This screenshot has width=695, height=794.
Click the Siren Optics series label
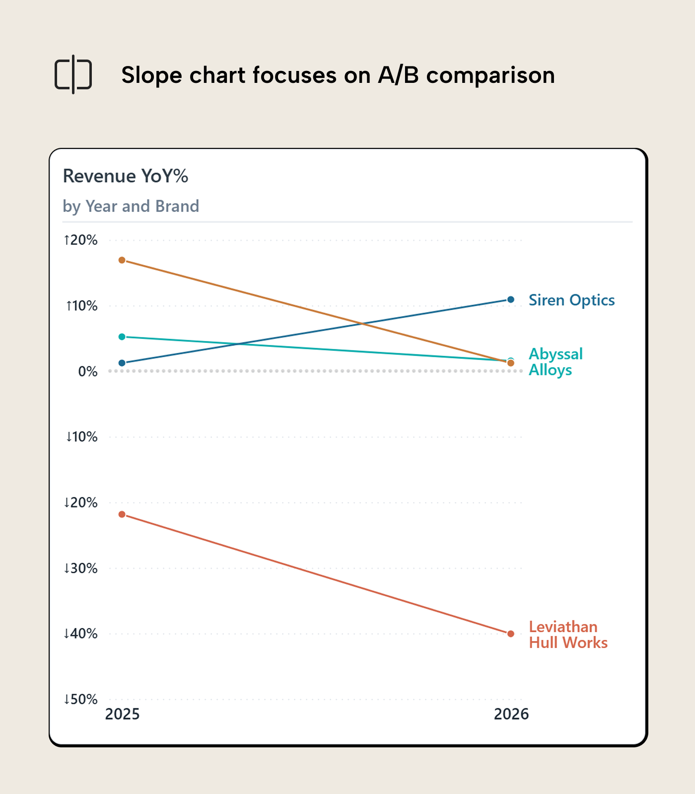571,300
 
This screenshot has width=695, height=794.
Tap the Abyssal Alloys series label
555,362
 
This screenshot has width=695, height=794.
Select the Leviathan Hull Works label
567,635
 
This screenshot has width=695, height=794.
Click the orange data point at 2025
122,260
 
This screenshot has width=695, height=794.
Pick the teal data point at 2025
122,337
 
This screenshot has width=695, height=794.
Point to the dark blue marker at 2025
122,363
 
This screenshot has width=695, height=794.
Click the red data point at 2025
122,515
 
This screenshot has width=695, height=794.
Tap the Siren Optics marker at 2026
511,300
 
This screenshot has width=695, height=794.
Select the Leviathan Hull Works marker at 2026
511,634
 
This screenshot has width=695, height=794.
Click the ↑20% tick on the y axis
80,240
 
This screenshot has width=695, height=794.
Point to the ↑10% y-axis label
81,306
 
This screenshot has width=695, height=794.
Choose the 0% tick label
87,372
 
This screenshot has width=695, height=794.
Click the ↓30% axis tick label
80,568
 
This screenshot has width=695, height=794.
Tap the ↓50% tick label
80,700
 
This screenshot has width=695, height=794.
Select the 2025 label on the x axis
122,714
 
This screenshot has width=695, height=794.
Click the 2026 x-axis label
511,714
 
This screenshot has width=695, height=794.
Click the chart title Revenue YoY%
126,176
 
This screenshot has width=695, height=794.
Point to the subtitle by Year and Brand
131,206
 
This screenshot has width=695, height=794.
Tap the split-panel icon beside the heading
73,74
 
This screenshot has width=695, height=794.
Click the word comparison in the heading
490,75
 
